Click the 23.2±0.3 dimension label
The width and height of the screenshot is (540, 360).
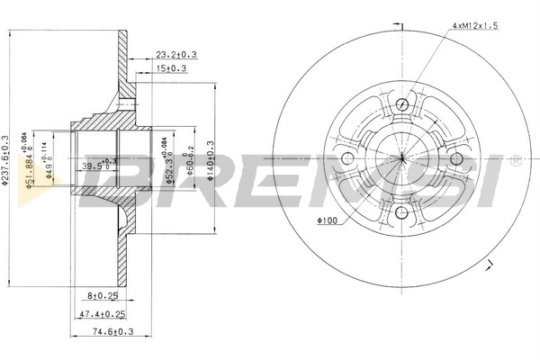point(175,55)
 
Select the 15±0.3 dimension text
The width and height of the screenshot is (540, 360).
point(171,68)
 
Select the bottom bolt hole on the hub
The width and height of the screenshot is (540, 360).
point(401,213)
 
